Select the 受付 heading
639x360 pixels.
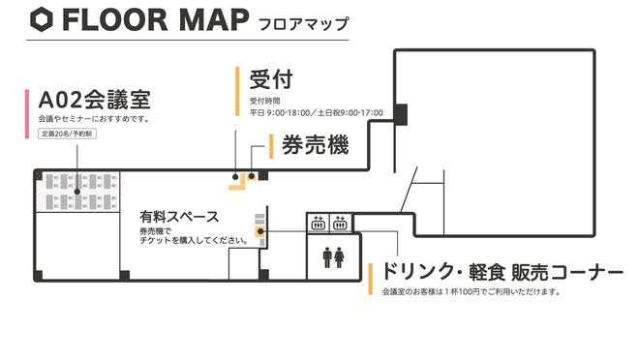[270, 78]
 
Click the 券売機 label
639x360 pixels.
[315, 146]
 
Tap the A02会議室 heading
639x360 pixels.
[93, 100]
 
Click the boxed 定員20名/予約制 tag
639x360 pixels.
[73, 133]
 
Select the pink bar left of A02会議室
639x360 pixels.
[26, 112]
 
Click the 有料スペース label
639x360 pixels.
[179, 218]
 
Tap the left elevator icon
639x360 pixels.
[317, 224]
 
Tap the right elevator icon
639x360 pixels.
[339, 224]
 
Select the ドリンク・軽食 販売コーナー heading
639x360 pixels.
[501, 272]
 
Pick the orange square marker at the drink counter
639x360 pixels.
[259, 232]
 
